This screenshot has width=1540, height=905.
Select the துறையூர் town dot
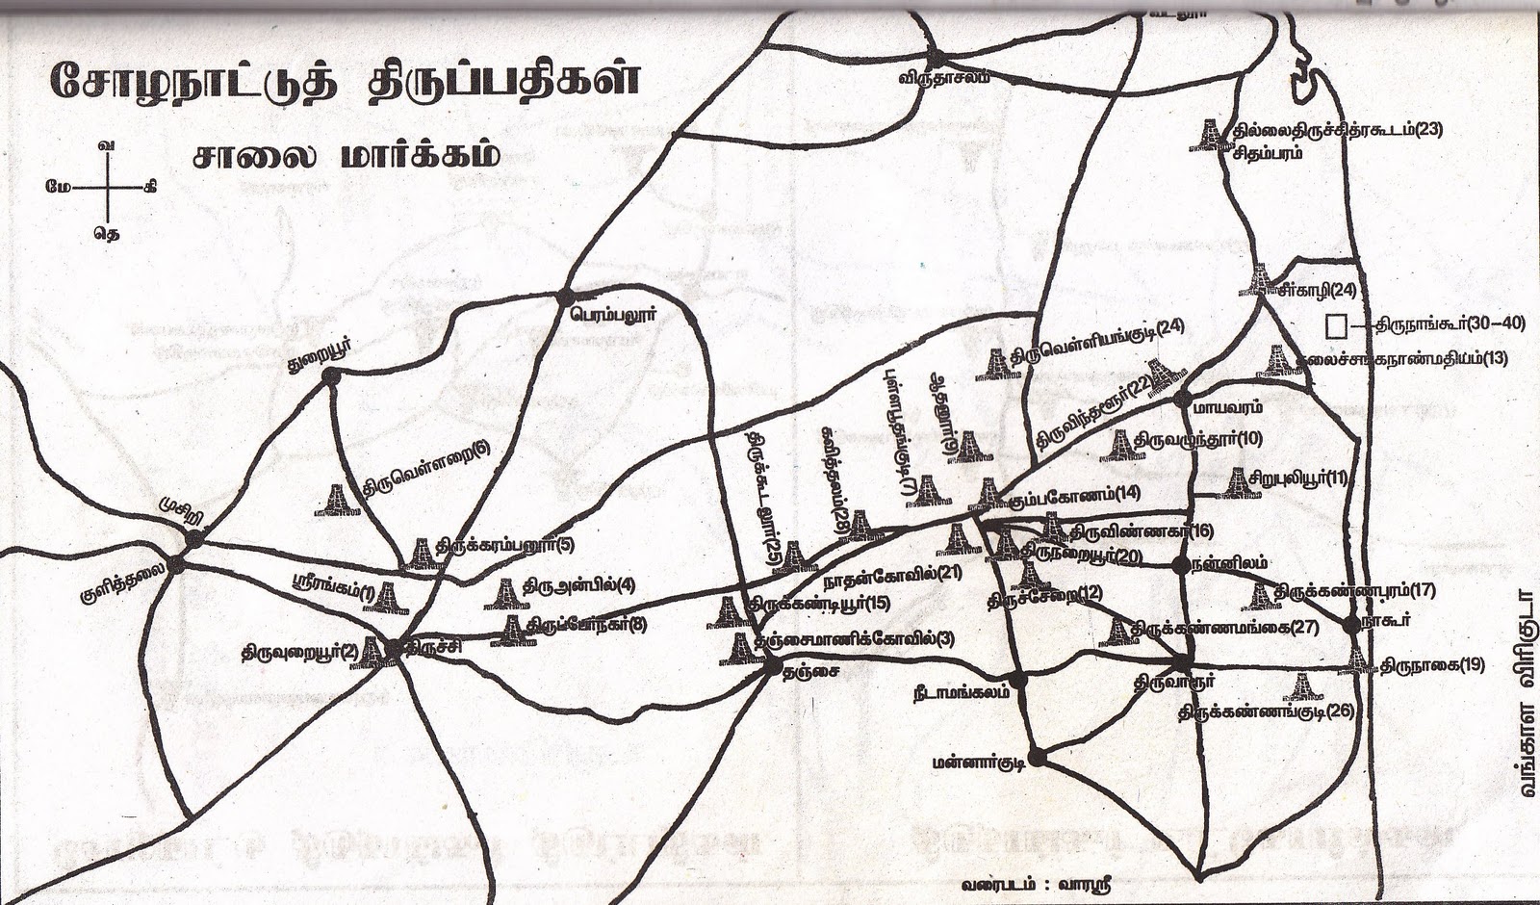(x=333, y=378)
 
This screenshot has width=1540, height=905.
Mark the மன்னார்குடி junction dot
(x=1036, y=755)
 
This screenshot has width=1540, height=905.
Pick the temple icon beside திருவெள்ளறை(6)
(x=338, y=499)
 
